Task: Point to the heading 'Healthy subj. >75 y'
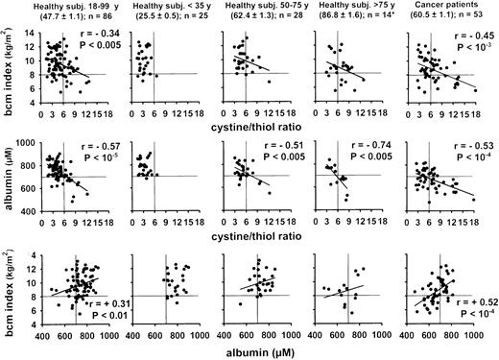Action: tap(355, 8)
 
